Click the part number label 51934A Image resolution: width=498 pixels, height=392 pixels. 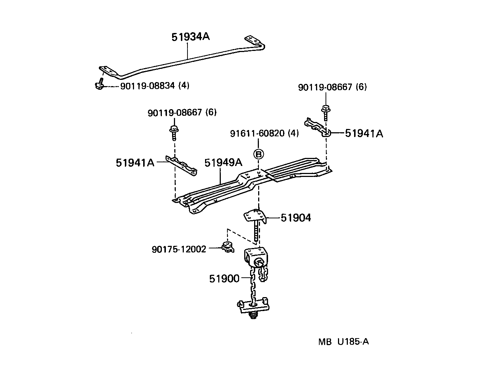coord(190,37)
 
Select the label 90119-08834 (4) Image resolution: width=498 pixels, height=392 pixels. coord(155,86)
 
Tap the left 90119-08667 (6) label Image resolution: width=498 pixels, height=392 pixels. coord(182,112)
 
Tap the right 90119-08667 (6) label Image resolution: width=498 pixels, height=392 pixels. coord(332,87)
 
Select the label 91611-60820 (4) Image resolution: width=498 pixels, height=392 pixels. coord(264,133)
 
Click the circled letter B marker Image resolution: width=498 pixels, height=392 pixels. coord(259,154)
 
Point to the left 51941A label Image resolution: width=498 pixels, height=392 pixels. coord(135,163)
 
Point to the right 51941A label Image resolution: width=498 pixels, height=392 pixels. coord(364,134)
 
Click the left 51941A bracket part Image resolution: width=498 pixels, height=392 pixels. coord(181,166)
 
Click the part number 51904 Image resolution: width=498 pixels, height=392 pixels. coord(296,218)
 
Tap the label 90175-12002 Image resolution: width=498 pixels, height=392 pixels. coord(179,249)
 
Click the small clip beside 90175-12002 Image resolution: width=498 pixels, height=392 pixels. coord(227,247)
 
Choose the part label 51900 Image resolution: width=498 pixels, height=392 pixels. coord(224,279)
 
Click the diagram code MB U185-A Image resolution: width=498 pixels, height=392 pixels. coord(343,342)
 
